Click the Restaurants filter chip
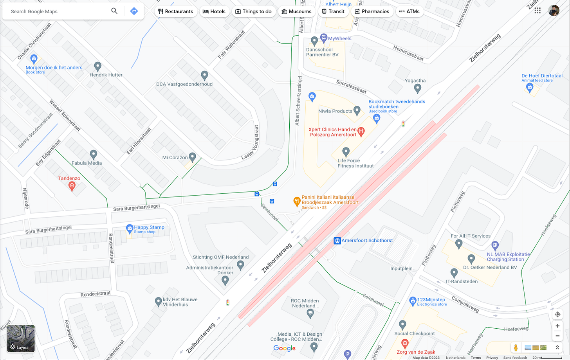[x=175, y=11]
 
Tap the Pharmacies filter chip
[x=372, y=11]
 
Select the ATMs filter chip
[x=409, y=11]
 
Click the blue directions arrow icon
[x=134, y=11]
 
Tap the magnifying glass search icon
[x=114, y=11]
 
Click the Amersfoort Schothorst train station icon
[x=337, y=241]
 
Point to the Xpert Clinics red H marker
[x=361, y=131]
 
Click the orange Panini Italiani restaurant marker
[x=297, y=202]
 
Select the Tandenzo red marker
[x=72, y=186]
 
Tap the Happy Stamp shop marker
[x=130, y=229]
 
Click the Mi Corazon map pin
[x=192, y=157]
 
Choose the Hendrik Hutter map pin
[x=98, y=67]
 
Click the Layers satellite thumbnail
[x=21, y=338]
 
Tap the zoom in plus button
[x=557, y=326]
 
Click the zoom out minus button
[x=557, y=336]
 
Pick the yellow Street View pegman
[x=516, y=347]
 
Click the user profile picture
[x=554, y=11]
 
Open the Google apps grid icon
[x=538, y=11]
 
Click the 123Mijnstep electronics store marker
[x=413, y=301]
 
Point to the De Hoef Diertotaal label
[x=542, y=76]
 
